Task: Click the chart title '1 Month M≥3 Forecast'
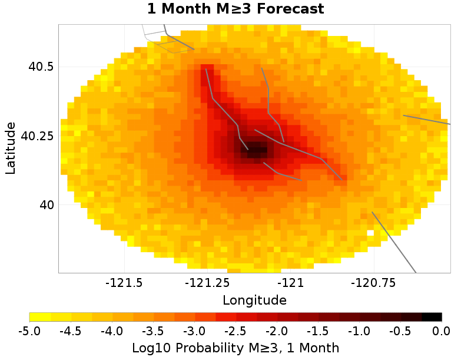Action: [x=235, y=9]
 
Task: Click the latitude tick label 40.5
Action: [x=41, y=67]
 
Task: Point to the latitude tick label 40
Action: [x=45, y=205]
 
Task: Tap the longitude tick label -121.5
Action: [x=125, y=283]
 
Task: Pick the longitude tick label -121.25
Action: [x=204, y=283]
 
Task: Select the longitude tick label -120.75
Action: [x=372, y=283]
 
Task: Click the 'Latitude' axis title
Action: [x=11, y=148]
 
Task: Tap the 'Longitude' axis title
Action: [x=254, y=300]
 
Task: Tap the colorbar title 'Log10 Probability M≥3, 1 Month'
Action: [x=235, y=348]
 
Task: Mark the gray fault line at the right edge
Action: [x=427, y=120]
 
